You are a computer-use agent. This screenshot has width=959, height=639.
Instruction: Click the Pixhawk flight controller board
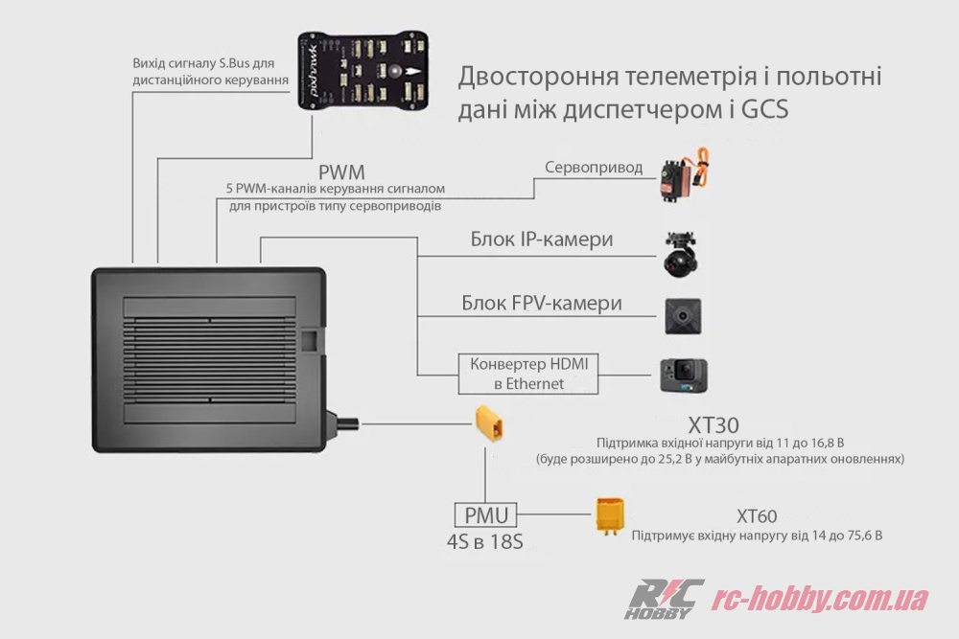point(365,72)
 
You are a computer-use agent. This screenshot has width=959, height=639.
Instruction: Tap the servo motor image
point(685,176)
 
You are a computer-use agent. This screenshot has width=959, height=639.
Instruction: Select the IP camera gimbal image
point(683,254)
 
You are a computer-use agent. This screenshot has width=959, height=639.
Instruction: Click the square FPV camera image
point(684,315)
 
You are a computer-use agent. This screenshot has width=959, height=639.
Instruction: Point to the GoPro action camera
point(683,376)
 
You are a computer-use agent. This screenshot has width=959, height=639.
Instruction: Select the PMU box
point(485,515)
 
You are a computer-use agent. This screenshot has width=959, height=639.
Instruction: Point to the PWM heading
point(342,172)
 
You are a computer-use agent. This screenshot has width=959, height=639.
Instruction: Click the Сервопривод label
point(594,168)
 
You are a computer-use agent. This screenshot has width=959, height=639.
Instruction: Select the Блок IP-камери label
point(541,240)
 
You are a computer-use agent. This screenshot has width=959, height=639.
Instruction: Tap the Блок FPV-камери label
point(541,304)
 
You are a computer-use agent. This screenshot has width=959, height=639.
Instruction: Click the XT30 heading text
point(713,424)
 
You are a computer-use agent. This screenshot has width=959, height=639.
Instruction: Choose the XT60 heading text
point(757,516)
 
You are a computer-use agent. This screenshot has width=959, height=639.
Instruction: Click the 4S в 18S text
point(485,542)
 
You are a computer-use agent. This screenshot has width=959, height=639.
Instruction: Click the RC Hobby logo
point(665,599)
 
